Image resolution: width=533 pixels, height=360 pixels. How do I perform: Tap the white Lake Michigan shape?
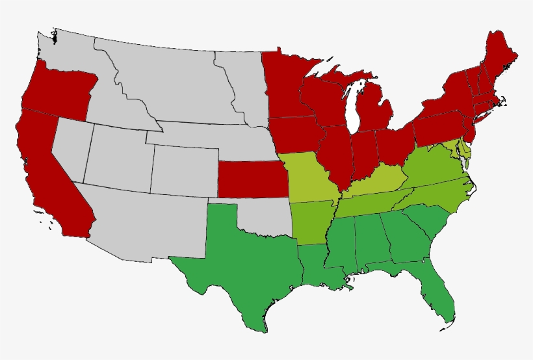[354, 107]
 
